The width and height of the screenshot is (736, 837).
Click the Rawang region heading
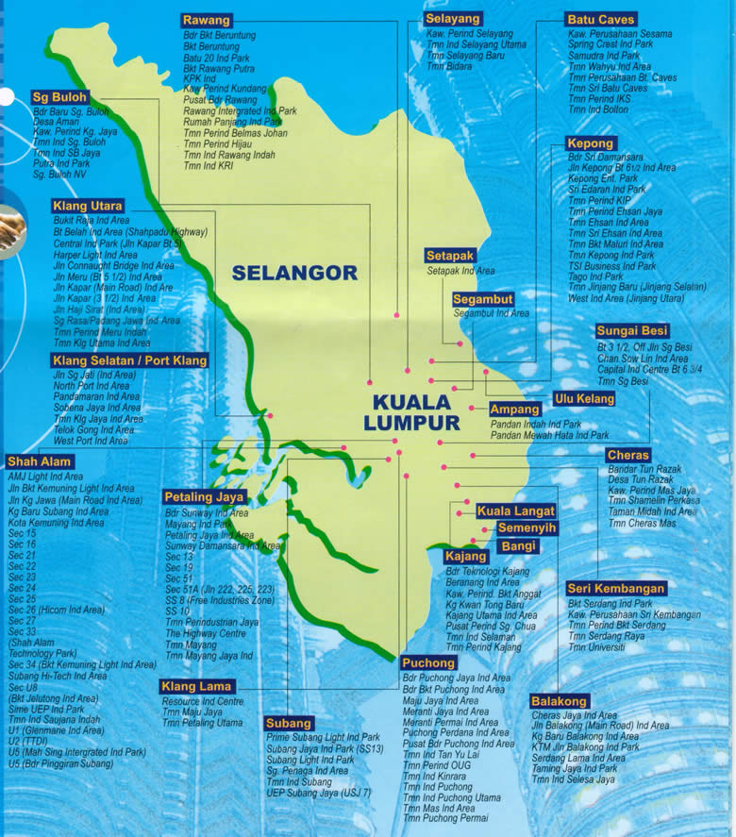pos(207,20)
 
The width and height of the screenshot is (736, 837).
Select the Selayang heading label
pos(453,19)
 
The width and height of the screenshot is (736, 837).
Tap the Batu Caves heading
pos(601,19)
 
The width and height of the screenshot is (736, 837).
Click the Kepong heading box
pos(590,143)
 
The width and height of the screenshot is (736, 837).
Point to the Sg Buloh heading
pos(59,96)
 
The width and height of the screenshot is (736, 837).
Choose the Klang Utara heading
pos(88,206)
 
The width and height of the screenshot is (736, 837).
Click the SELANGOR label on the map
pos(294,273)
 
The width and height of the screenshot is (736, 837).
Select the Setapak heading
pos(450,256)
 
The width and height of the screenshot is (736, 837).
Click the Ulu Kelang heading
pos(584,399)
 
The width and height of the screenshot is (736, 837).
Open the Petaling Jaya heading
pos(205,497)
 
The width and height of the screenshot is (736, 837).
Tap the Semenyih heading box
pos(527,527)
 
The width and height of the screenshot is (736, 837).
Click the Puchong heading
pos(428,662)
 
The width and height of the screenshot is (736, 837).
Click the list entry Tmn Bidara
pos(448,67)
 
